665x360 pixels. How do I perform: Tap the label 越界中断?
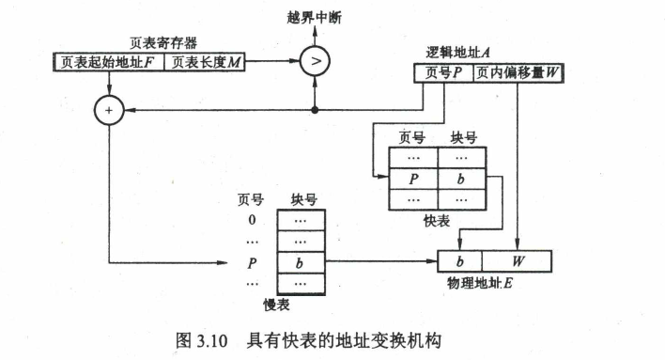coord(315,18)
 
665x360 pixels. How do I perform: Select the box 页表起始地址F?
coord(109,62)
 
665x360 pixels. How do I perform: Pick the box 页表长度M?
coord(205,62)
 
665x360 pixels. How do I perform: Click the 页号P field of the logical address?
coord(443,73)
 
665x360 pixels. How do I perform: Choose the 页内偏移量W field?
coord(518,73)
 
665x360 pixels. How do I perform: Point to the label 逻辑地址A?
coord(458,53)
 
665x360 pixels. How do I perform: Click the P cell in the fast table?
coord(413,179)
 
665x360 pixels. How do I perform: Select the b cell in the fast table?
coord(462,179)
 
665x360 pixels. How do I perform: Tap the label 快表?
coord(437,221)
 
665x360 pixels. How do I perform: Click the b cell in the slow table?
coord(302,263)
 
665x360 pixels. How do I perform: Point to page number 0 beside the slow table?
coord(252,220)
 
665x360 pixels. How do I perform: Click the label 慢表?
coord(276,305)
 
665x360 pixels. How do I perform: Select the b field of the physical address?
coord(459,261)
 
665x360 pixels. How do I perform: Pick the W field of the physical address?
coord(517,261)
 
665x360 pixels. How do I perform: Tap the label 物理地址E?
coord(480,283)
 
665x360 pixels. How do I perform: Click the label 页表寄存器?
coord(163,43)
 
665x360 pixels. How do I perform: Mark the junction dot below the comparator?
coord(315,110)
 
